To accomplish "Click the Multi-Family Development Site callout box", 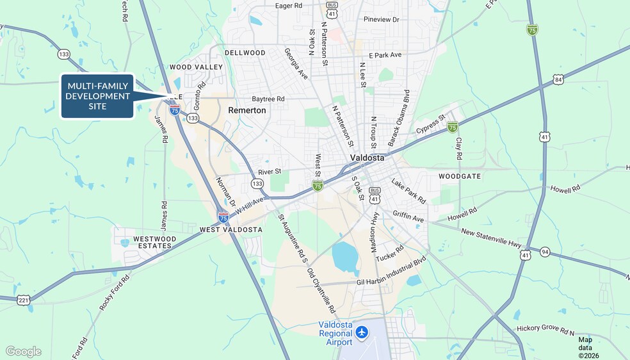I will click(97, 96).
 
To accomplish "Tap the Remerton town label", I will click(246, 110).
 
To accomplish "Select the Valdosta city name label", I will click(367, 158).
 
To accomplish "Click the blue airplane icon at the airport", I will click(362, 332).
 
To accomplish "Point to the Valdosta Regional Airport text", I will click(335, 333).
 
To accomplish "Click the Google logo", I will click(24, 351).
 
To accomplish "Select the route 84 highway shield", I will click(559, 79).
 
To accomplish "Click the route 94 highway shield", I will click(544, 252).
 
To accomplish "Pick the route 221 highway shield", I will click(24, 300).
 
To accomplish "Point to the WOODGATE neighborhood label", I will click(459, 176).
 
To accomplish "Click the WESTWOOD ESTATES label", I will click(154, 242).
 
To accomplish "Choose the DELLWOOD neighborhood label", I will click(245, 53).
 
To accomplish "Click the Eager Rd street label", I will click(288, 6).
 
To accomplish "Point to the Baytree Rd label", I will click(268, 99).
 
